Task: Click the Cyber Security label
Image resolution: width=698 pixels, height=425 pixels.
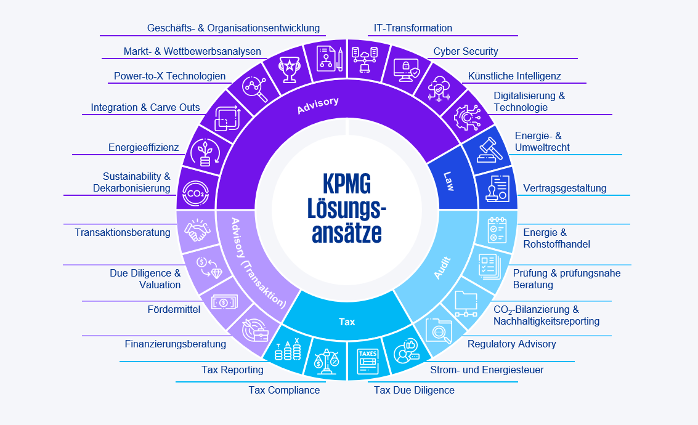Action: pyautogui.click(x=466, y=52)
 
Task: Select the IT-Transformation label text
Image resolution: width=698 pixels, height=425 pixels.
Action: pyautogui.click(x=413, y=28)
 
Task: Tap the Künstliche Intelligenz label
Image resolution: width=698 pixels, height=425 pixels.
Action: pyautogui.click(x=514, y=76)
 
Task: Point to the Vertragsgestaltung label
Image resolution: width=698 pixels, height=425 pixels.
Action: pyautogui.click(x=564, y=188)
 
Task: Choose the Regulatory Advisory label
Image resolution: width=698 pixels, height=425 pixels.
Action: pyautogui.click(x=511, y=344)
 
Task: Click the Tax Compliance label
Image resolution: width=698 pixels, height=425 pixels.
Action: pyautogui.click(x=284, y=390)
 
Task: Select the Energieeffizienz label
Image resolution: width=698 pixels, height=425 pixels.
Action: pyautogui.click(x=144, y=148)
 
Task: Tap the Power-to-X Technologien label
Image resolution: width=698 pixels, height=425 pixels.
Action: pyautogui.click(x=169, y=77)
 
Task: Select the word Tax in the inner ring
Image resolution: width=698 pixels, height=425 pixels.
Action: pyautogui.click(x=347, y=322)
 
